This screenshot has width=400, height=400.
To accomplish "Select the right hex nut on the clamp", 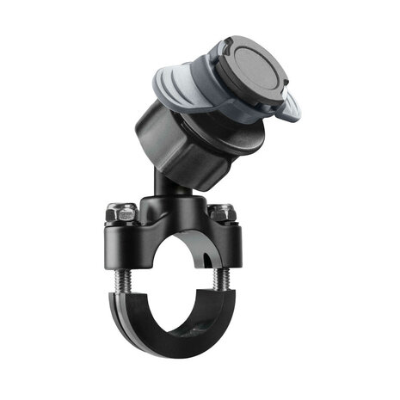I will pos(222,212).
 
